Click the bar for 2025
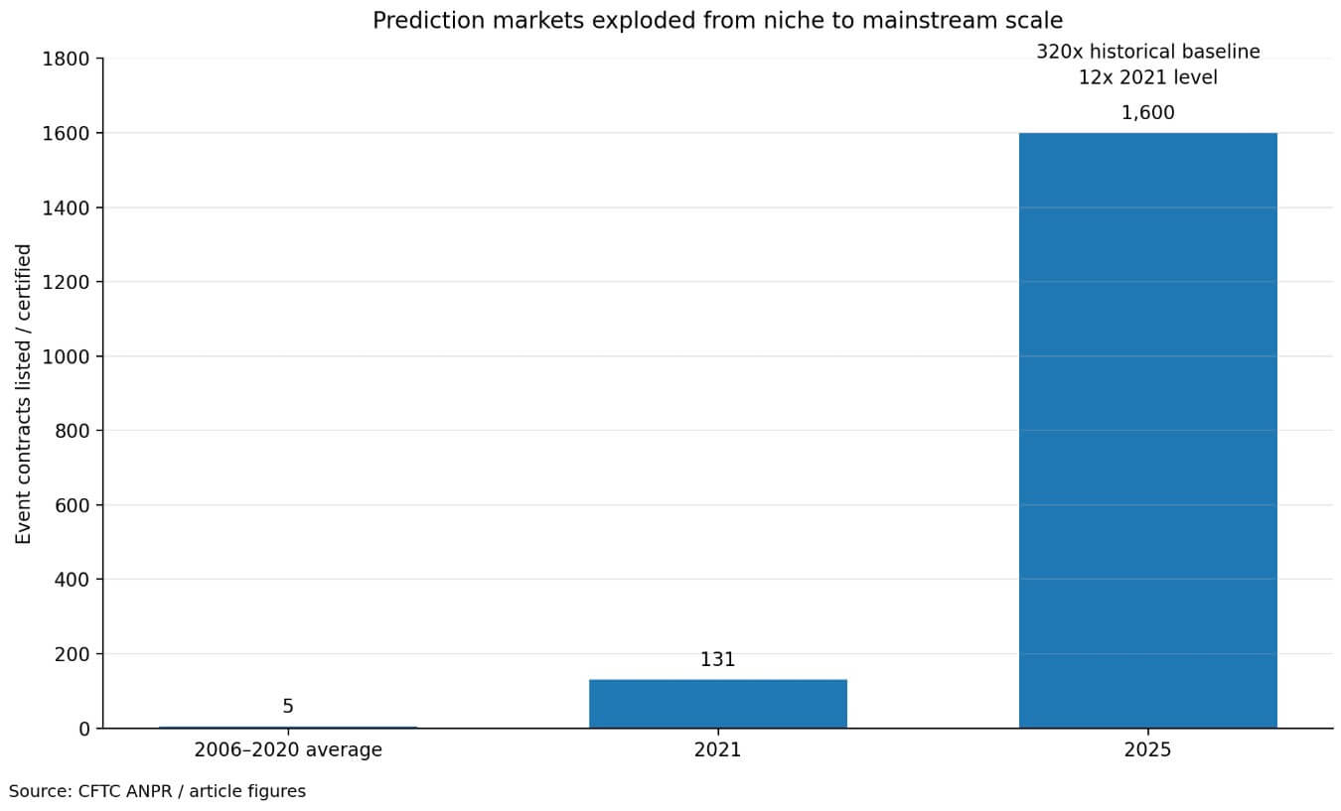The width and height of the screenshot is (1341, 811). (1147, 430)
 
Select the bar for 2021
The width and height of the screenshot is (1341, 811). (717, 703)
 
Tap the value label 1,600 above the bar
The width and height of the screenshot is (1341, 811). (1147, 113)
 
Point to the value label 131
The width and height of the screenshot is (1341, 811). (717, 660)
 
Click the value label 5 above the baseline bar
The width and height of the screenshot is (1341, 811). (288, 707)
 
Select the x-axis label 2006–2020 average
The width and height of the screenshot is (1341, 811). (288, 750)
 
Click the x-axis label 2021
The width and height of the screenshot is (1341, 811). (717, 750)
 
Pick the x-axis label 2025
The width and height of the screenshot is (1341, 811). (1147, 750)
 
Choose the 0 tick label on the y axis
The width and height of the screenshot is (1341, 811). (84, 729)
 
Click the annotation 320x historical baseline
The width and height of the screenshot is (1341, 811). (1147, 52)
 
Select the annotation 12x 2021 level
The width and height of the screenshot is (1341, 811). (1147, 77)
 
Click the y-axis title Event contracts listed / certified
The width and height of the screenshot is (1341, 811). (24, 393)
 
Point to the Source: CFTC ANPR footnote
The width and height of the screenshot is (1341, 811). (157, 791)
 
